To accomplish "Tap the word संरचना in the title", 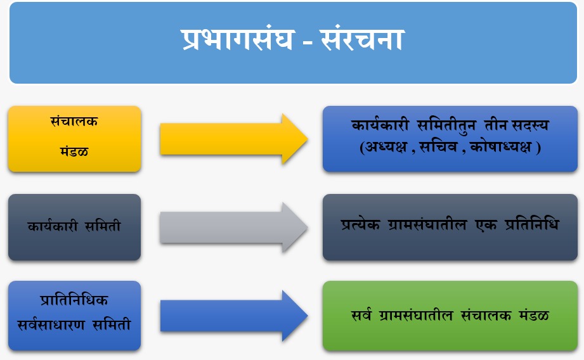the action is [x=362, y=39].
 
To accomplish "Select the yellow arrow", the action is [x=234, y=139].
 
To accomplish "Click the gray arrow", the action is [x=234, y=227].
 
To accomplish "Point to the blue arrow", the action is [x=234, y=316].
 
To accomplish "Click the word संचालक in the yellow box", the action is [x=74, y=121].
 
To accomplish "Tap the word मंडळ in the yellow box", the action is [x=74, y=151].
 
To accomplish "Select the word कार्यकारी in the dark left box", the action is [x=53, y=226].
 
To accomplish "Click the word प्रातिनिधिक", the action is [x=74, y=300].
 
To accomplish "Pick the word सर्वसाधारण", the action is [x=51, y=325].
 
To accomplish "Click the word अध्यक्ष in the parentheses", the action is [x=386, y=147].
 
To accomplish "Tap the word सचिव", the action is [x=438, y=146].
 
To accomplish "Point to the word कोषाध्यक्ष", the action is [x=501, y=147].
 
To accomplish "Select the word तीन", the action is [x=496, y=125].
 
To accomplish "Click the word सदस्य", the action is [x=530, y=125].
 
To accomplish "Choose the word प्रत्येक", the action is [x=361, y=224].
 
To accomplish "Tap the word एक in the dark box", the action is [x=486, y=225].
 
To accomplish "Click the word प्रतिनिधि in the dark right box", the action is [x=532, y=224].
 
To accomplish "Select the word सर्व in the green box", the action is [x=361, y=316].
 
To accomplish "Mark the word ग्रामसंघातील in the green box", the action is [x=416, y=316].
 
